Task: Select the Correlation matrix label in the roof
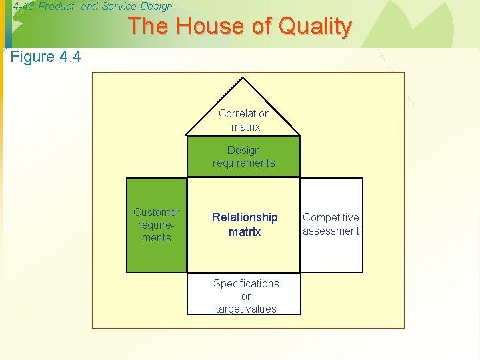pyautogui.click(x=244, y=120)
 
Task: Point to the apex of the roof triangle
pyautogui.click(x=243, y=79)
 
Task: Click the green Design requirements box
pyautogui.click(x=243, y=157)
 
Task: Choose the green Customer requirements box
pyautogui.click(x=157, y=225)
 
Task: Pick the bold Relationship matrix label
pyautogui.click(x=245, y=225)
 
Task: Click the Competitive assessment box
pyautogui.click(x=331, y=225)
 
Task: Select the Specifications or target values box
pyautogui.click(x=245, y=296)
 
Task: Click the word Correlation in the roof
pyautogui.click(x=244, y=113)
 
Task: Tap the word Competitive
pyautogui.click(x=331, y=217)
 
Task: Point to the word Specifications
pyautogui.click(x=246, y=283)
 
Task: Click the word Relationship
pyautogui.click(x=245, y=217)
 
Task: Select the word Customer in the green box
pyautogui.click(x=157, y=212)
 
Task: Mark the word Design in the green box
pyautogui.click(x=243, y=150)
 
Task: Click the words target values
pyautogui.click(x=246, y=309)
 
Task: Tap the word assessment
pyautogui.click(x=331, y=231)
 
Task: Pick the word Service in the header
pyautogui.click(x=119, y=7)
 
